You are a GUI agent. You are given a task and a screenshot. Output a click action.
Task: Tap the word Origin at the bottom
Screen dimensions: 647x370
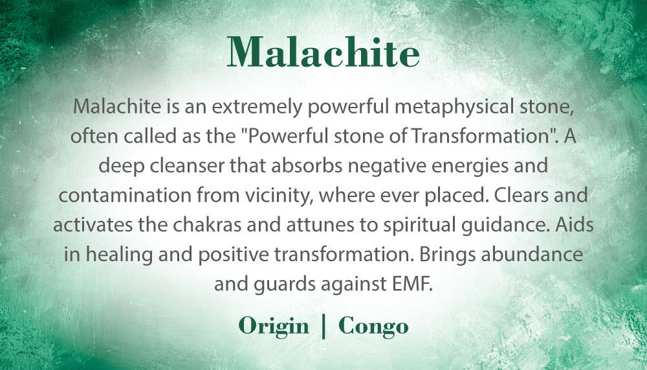[274, 326]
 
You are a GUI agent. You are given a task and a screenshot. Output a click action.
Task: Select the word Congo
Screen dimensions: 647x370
[373, 326]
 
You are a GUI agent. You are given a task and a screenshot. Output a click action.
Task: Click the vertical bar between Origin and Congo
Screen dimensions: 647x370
[323, 326]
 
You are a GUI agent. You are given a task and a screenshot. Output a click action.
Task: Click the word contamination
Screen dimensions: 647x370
[125, 195]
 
